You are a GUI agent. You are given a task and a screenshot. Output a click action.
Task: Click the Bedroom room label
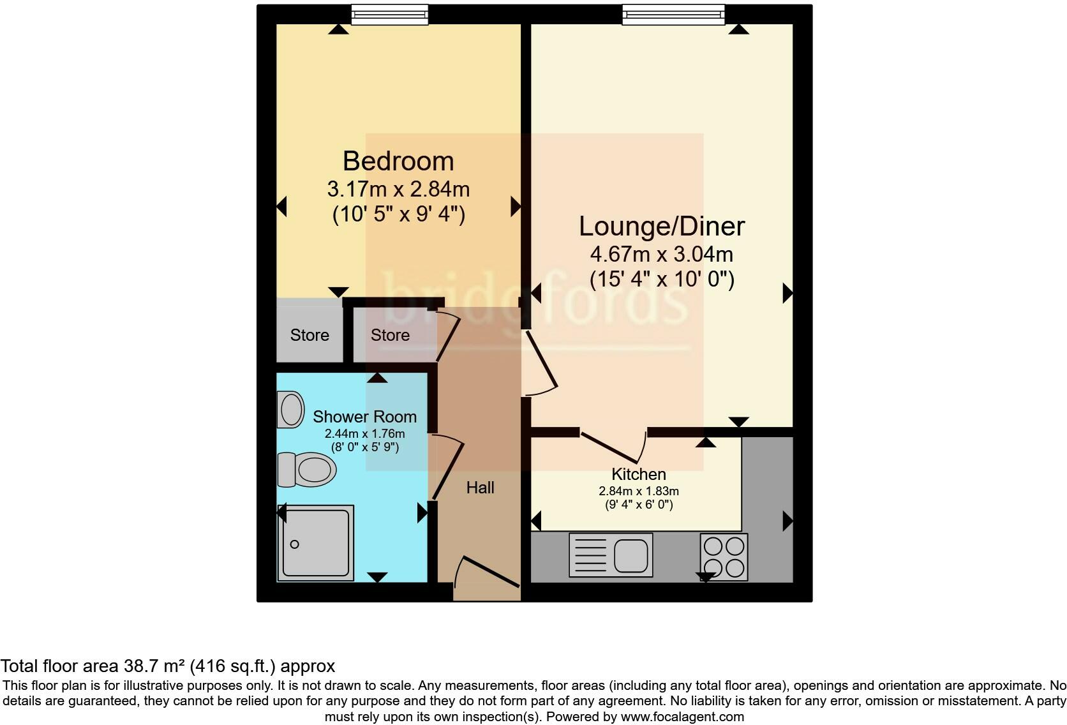398,161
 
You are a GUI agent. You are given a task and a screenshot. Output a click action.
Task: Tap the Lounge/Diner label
662,227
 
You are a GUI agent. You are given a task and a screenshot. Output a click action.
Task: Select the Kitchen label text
638,474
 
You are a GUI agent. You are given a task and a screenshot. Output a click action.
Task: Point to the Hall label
480,488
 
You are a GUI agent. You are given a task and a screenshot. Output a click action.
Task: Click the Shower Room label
364,417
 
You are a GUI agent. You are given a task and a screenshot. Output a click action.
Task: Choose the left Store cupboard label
310,335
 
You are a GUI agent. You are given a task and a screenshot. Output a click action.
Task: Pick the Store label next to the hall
390,335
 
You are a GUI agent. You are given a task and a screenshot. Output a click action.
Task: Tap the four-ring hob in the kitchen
724,557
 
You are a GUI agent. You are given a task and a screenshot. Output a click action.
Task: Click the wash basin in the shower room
291,409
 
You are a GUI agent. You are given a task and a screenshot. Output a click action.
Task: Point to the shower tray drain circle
294,544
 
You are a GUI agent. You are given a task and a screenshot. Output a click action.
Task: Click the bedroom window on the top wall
389,14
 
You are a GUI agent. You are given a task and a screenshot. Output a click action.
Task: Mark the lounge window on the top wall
673,14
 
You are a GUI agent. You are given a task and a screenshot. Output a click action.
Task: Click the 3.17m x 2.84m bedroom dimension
398,190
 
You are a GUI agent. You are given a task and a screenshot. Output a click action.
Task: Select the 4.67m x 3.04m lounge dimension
662,255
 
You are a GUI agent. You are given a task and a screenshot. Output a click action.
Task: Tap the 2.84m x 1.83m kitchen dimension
638,491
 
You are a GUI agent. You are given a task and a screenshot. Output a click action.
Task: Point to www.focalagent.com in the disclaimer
682,717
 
